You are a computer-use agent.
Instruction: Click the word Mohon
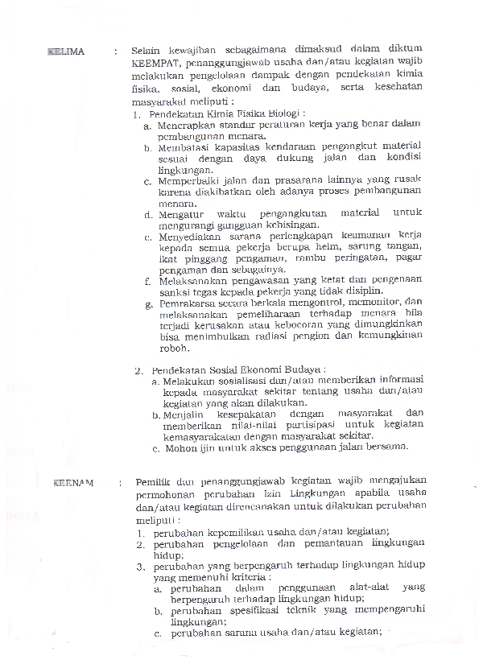tap(177, 447)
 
